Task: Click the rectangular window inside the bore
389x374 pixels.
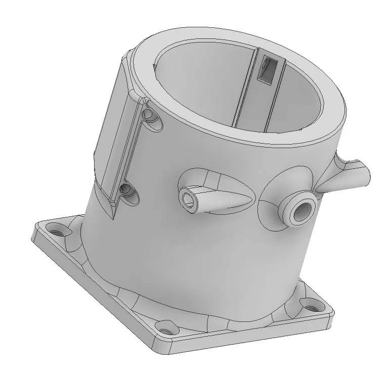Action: (x=266, y=70)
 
